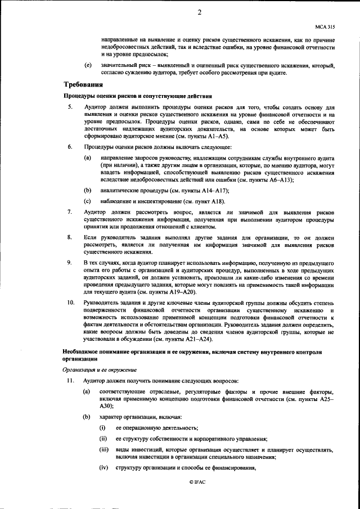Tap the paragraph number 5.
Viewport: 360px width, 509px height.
(70, 107)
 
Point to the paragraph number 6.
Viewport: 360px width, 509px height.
(70, 147)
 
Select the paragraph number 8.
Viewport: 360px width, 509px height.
(70, 238)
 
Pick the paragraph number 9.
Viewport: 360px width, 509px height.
(70, 263)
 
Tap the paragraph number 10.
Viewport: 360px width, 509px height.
(71, 303)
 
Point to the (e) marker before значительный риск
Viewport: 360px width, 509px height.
(88, 65)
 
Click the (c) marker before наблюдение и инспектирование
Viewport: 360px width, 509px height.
(88, 201)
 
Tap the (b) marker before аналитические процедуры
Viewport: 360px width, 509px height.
(88, 190)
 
